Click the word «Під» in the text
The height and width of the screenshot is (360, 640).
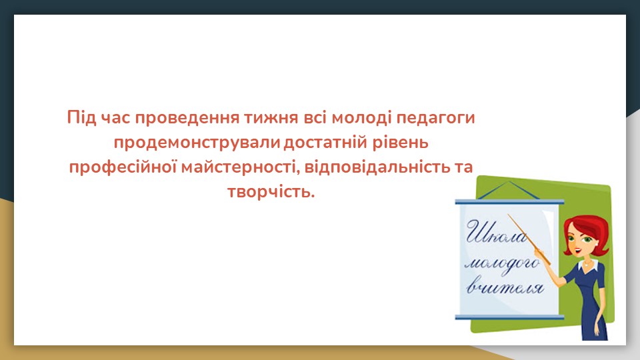tap(81, 117)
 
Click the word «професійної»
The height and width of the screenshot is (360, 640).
tap(123, 167)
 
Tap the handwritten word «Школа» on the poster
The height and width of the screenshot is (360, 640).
tap(496, 233)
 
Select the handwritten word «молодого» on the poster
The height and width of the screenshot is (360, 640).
tap(503, 265)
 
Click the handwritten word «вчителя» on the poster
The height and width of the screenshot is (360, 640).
tap(505, 287)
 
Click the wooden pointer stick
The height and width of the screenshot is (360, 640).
tap(529, 239)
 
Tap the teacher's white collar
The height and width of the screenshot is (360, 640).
tap(588, 265)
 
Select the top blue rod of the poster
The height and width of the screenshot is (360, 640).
tap(509, 201)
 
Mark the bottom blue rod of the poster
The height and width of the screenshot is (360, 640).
tap(509, 317)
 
